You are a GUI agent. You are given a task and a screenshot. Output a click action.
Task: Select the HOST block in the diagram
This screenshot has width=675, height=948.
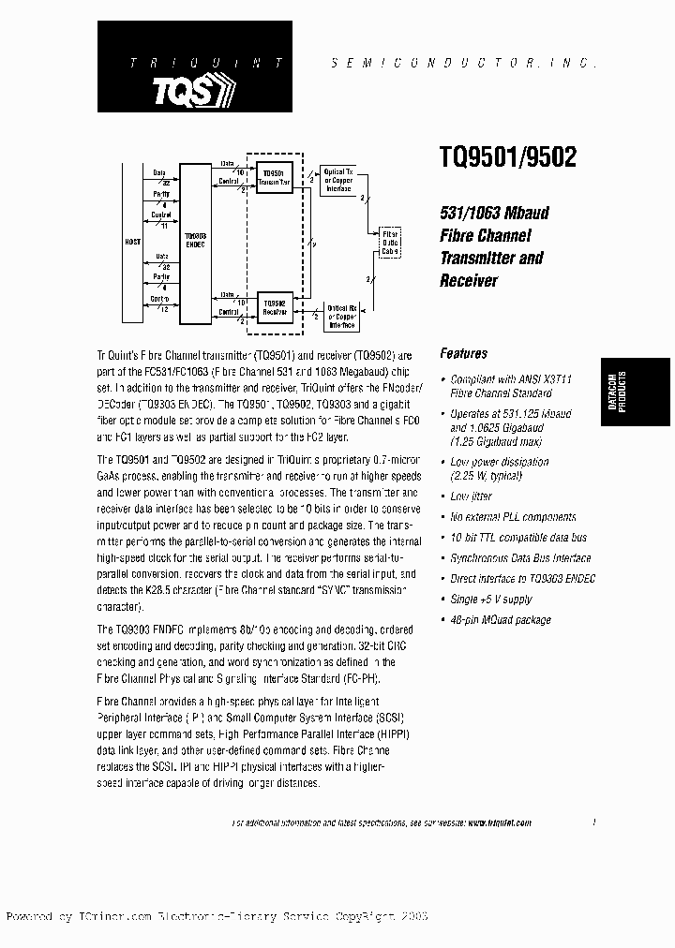(x=132, y=241)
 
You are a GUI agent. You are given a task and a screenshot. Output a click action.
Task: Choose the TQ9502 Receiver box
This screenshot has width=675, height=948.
(x=275, y=307)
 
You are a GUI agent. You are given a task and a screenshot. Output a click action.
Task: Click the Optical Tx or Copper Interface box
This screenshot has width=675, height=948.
(x=337, y=178)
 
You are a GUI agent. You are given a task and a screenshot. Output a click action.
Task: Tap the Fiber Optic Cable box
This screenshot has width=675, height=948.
(x=389, y=243)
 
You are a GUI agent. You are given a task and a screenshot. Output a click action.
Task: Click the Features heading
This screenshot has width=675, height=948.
(x=463, y=354)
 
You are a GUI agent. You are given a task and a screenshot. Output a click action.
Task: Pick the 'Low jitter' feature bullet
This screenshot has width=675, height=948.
(x=471, y=496)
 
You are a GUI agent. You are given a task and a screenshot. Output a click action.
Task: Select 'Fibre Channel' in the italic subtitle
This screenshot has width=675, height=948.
(x=485, y=236)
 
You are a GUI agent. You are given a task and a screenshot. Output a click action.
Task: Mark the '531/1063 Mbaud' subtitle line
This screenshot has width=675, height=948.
(x=494, y=213)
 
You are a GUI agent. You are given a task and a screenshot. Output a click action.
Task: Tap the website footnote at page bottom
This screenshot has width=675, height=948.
(x=382, y=822)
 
